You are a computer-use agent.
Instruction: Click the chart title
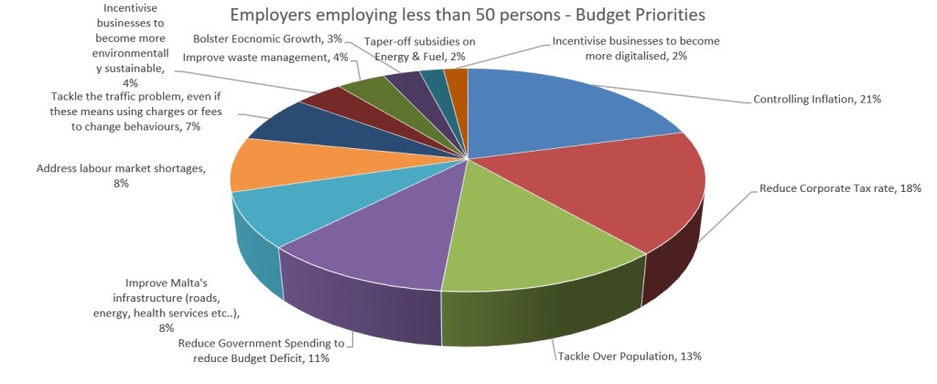468,16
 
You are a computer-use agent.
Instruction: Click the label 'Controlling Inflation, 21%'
816,99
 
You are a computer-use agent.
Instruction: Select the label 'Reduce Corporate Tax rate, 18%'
839,188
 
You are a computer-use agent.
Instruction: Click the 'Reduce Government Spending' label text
261,350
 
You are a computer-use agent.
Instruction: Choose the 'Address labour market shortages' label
121,176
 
